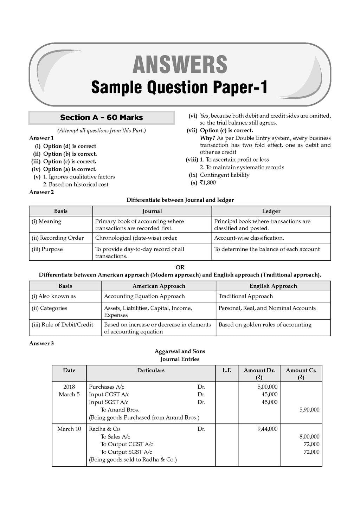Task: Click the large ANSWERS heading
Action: [x=180, y=65]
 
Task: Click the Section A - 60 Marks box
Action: [x=101, y=118]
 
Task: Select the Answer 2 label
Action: [x=41, y=192]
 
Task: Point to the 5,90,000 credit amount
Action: [x=309, y=410]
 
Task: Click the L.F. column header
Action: [x=227, y=370]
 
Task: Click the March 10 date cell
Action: [x=69, y=429]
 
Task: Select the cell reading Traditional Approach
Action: [x=245, y=296]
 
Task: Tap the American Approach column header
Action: [x=159, y=286]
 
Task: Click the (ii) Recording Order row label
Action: [x=58, y=238]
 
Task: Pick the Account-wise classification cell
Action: [x=249, y=238]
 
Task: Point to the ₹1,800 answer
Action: [x=208, y=183]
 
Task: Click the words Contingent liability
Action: [x=225, y=175]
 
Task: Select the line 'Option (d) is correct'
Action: [x=69, y=146]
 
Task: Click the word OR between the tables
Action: [x=180, y=267]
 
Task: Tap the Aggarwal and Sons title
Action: [x=180, y=351]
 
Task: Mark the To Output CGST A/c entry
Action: [x=127, y=444]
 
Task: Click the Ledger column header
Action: [x=271, y=211]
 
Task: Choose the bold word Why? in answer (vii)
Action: [x=207, y=138]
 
